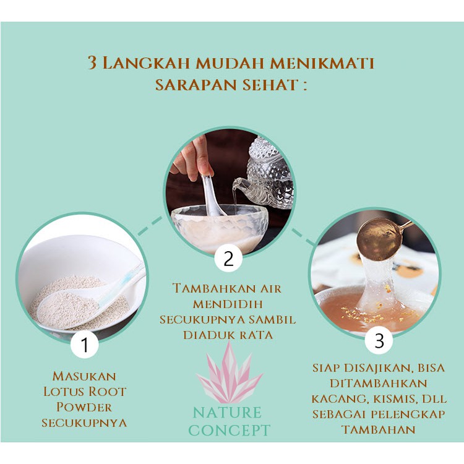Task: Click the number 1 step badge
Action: pyautogui.click(x=85, y=345)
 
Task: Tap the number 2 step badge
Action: pyautogui.click(x=228, y=259)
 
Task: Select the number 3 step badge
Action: pyautogui.click(x=379, y=340)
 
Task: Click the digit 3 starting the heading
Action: pyautogui.click(x=92, y=62)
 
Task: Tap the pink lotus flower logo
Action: pyautogui.click(x=230, y=372)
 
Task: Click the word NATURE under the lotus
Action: pyautogui.click(x=227, y=413)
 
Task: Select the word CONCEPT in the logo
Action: pyautogui.click(x=230, y=430)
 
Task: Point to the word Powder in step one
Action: pyautogui.click(x=84, y=407)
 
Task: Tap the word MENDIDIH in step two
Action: pyautogui.click(x=228, y=304)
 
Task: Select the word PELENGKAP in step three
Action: pyautogui.click(x=408, y=414)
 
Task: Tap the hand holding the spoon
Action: pyautogui.click(x=192, y=160)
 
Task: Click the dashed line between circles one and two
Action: pyautogui.click(x=150, y=226)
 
